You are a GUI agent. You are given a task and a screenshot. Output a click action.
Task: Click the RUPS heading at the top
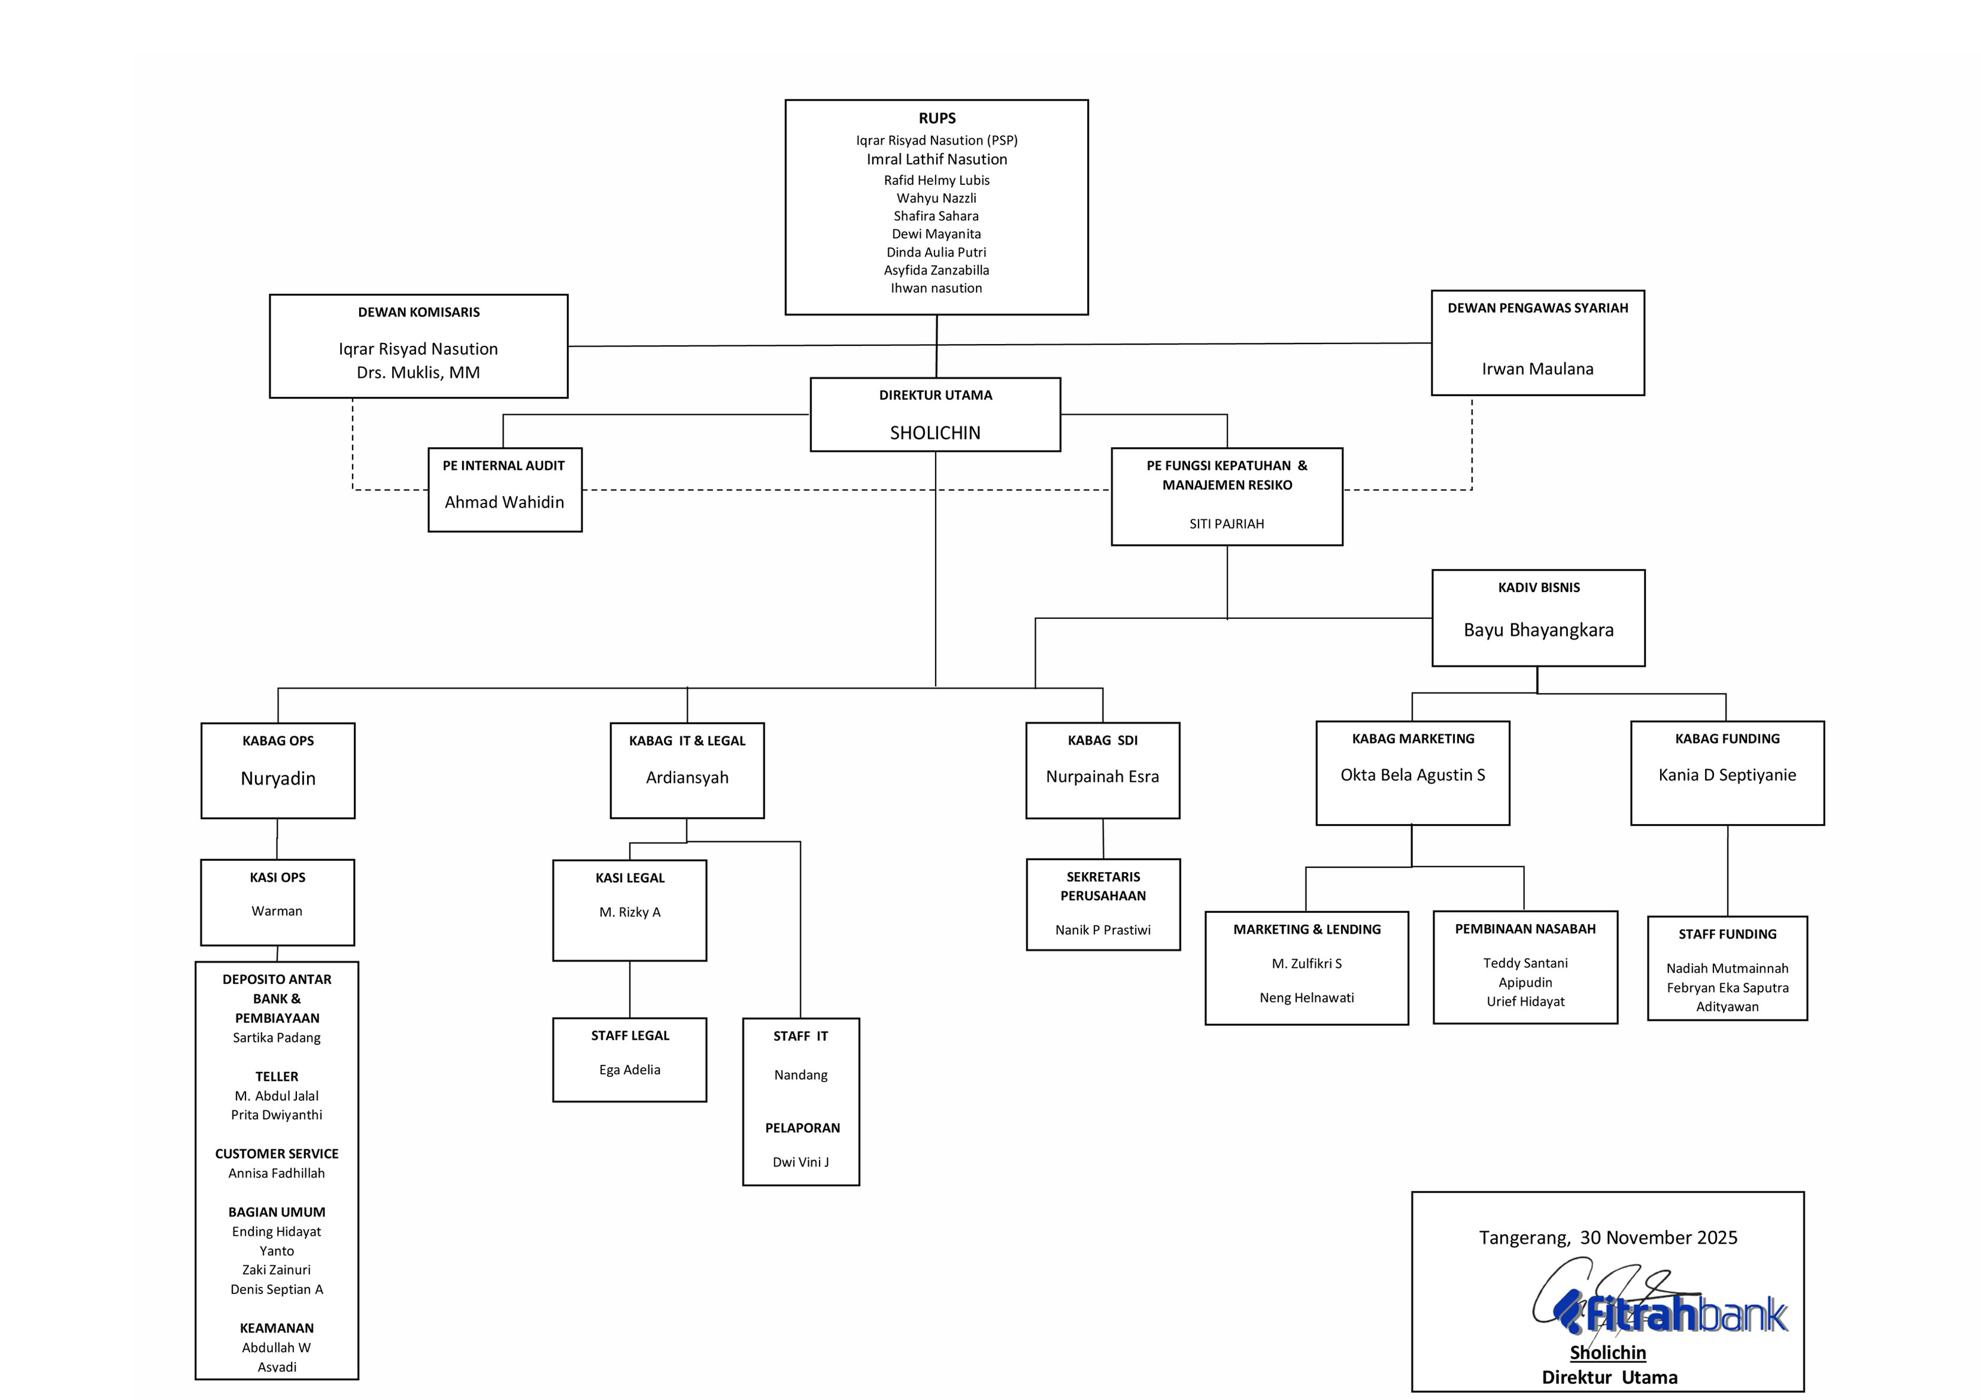click(x=936, y=118)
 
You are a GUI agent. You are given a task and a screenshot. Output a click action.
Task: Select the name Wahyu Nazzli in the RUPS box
click(x=936, y=198)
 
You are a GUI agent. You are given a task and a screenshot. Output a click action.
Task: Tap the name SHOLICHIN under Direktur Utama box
click(x=935, y=433)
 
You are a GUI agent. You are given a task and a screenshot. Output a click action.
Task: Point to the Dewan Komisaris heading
click(x=418, y=312)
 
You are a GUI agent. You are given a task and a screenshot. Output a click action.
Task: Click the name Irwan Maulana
click(x=1537, y=369)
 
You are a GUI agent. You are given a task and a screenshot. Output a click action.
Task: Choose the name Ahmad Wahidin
click(x=504, y=502)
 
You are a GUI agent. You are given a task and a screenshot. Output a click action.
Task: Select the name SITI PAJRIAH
click(x=1226, y=524)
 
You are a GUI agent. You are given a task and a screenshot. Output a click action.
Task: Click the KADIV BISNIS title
click(x=1539, y=587)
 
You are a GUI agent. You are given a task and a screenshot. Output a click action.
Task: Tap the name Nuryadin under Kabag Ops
click(x=278, y=778)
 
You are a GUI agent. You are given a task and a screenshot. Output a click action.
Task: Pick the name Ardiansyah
click(x=687, y=777)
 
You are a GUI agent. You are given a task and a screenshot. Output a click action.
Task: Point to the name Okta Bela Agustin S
click(x=1412, y=775)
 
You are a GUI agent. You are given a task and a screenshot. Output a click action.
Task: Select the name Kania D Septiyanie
click(x=1727, y=775)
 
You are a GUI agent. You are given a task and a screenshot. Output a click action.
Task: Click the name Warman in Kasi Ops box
click(x=277, y=911)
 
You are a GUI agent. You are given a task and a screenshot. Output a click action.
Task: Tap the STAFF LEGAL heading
click(x=630, y=1035)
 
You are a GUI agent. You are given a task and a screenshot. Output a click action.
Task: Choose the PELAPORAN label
click(x=802, y=1128)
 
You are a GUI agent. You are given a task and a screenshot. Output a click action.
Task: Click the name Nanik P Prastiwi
click(x=1103, y=930)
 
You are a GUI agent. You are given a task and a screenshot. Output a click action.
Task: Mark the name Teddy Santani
click(x=1525, y=962)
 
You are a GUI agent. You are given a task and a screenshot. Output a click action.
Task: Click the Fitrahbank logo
click(x=1674, y=1316)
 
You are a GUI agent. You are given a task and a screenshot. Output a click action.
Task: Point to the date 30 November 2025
click(x=1658, y=1238)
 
